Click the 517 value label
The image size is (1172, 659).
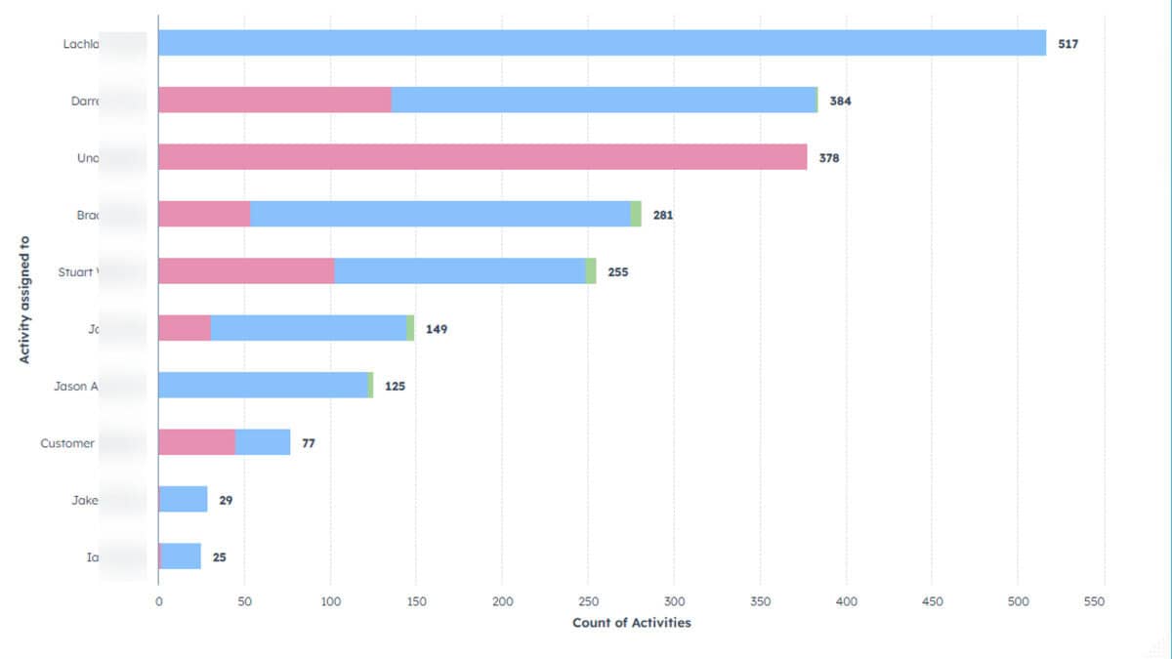tap(1067, 44)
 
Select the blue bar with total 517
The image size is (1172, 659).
tap(602, 43)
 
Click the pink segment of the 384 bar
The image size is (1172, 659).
tap(274, 100)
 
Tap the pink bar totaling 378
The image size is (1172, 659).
tap(482, 157)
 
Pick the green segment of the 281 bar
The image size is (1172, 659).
tap(636, 214)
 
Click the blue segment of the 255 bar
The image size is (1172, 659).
tap(460, 271)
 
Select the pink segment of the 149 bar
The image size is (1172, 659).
tap(185, 328)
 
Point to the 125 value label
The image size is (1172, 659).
tap(395, 386)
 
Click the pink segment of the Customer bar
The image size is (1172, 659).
tap(196, 442)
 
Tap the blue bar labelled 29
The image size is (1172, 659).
tap(184, 500)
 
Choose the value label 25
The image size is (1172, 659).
tap(219, 557)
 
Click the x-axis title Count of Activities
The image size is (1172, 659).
tap(631, 623)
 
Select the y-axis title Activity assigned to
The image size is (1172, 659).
tap(24, 300)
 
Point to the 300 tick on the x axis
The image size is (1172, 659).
tap(674, 601)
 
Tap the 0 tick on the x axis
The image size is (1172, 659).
tap(158, 601)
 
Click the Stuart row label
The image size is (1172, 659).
tap(77, 272)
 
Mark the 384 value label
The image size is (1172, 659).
tap(840, 101)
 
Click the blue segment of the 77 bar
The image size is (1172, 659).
tap(263, 442)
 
